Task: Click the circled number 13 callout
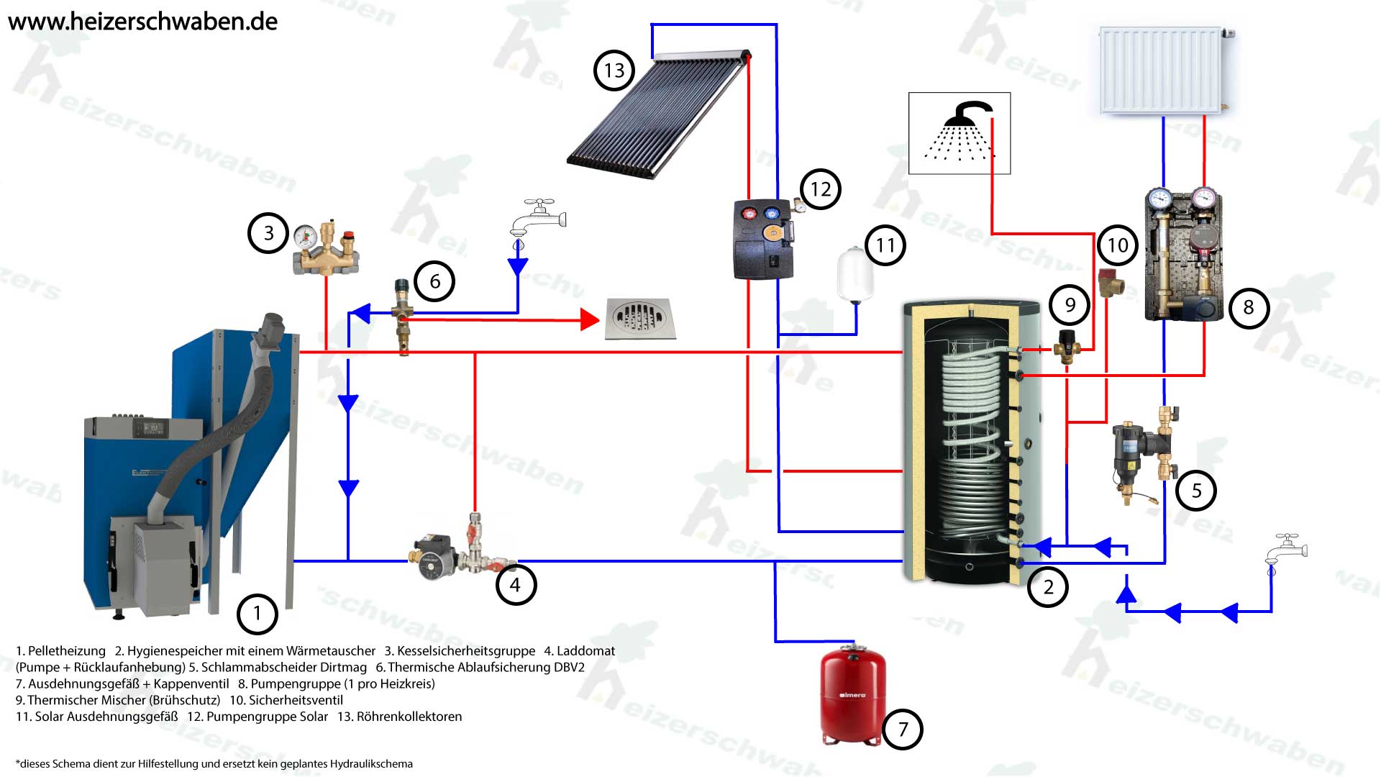click(614, 71)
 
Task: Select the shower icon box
click(959, 133)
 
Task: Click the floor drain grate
click(639, 318)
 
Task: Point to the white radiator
click(1162, 71)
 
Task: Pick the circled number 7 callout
click(903, 730)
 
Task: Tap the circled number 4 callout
click(515, 585)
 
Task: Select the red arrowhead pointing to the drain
click(590, 319)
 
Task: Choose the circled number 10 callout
click(1117, 245)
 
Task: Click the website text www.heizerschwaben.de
click(142, 22)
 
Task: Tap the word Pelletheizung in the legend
click(66, 651)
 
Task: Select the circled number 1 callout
click(257, 614)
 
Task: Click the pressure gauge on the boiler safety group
click(306, 235)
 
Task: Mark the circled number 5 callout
click(1196, 491)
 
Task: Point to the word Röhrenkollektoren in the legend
click(409, 717)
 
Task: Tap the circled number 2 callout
click(1048, 587)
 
